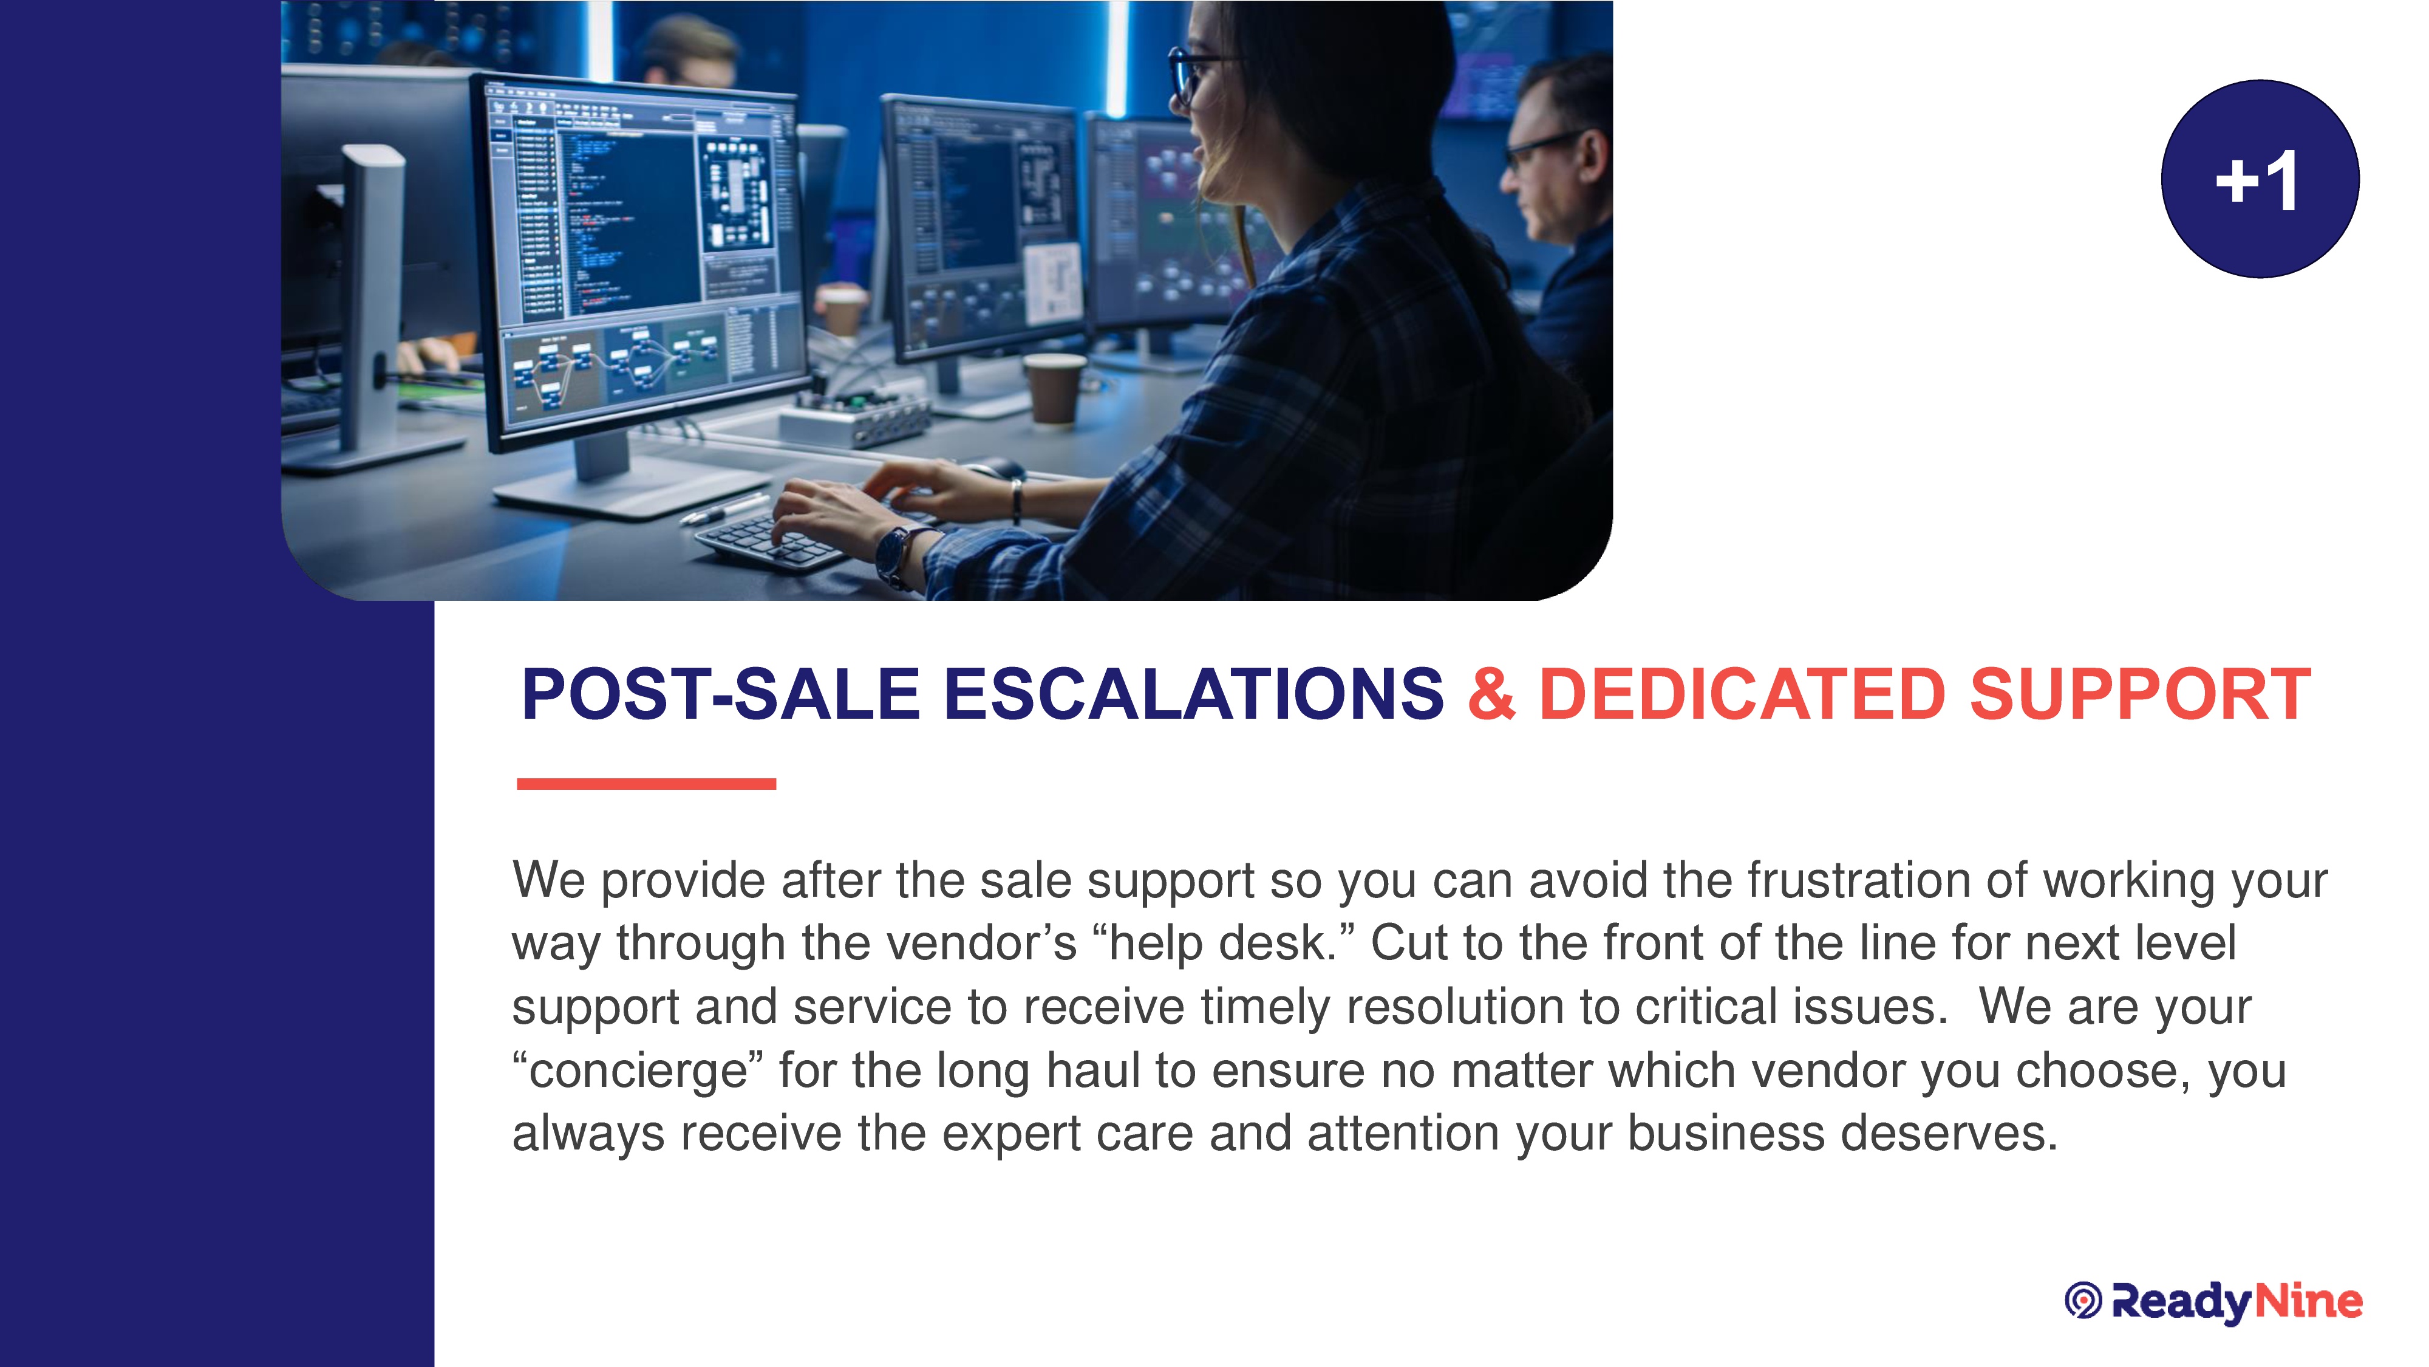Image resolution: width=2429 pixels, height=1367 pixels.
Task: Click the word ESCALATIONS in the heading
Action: (x=1194, y=694)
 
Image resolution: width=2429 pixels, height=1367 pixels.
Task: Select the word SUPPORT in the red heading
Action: (x=2141, y=694)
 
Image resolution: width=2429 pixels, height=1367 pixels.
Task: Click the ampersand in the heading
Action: (x=1492, y=694)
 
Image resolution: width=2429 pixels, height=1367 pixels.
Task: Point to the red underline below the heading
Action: (x=646, y=784)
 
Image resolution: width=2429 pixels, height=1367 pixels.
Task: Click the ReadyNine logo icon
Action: (x=2083, y=1301)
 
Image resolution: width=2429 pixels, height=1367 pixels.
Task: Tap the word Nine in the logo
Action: (x=2308, y=1301)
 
